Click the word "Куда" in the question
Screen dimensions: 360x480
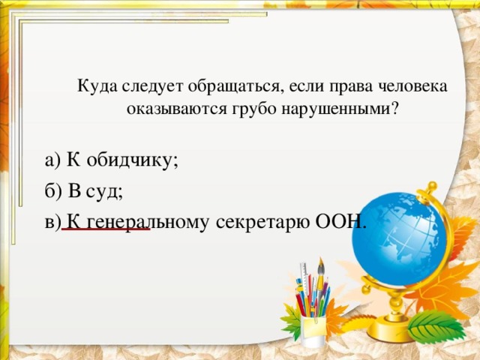click(x=94, y=86)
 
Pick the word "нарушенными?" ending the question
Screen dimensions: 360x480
click(x=341, y=108)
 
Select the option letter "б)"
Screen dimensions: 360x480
click(x=53, y=191)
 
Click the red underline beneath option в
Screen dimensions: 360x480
click(x=106, y=229)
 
